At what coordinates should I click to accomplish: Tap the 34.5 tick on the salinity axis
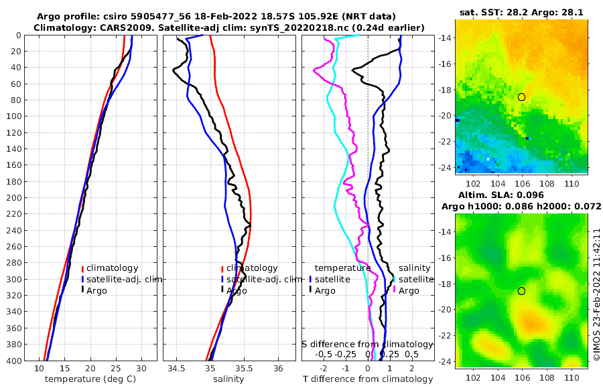coord(177,368)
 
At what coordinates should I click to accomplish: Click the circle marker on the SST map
coord(521,97)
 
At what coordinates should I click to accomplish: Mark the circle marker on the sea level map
coord(521,291)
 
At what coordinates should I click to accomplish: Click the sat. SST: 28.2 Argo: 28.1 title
coord(521,12)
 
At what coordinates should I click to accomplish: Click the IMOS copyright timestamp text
coord(596,295)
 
